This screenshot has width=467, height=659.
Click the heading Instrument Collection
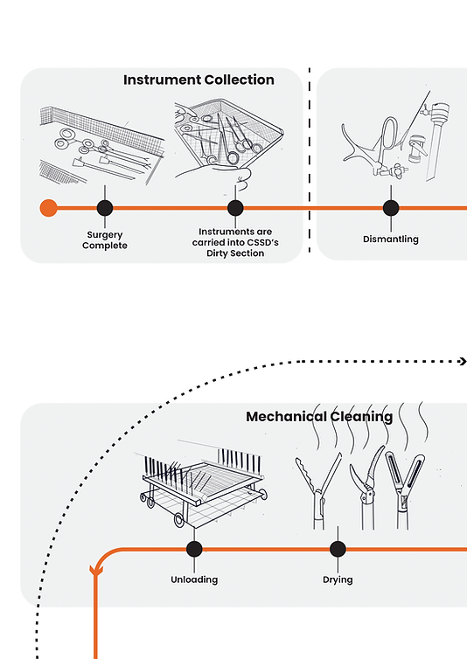[x=199, y=80]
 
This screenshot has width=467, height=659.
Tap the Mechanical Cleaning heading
[x=319, y=417]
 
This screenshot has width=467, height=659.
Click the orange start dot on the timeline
[x=49, y=208]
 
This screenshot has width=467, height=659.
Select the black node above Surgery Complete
[x=105, y=208]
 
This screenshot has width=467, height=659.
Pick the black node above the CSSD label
[x=235, y=208]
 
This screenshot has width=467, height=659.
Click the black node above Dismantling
[x=391, y=208]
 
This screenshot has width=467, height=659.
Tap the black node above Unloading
[x=194, y=549]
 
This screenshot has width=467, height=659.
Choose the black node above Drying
[x=338, y=549]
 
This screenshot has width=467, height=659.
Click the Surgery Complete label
[x=105, y=240]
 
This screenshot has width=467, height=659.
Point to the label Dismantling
[x=391, y=239]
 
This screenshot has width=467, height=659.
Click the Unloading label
[x=194, y=579]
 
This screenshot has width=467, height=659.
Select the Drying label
[x=338, y=580]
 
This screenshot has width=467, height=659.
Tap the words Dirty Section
[x=235, y=253]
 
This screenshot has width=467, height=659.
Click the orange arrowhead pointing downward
[x=96, y=571]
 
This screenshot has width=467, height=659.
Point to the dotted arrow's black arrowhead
[x=464, y=362]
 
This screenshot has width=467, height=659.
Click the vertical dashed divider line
[x=310, y=160]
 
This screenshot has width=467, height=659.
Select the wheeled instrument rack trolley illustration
[x=201, y=488]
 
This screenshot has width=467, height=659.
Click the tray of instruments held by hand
[x=229, y=142]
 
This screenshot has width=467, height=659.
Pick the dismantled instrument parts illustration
[x=395, y=135]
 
